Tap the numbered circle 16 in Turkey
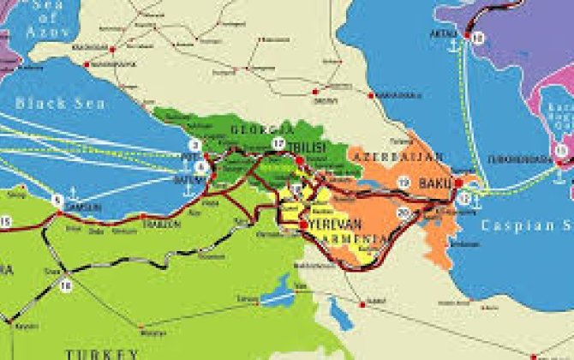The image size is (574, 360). tap(66, 284)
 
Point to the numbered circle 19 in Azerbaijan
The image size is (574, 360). tap(404, 182)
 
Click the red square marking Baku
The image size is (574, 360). tap(457, 183)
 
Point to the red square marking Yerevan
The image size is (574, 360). tap(303, 225)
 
